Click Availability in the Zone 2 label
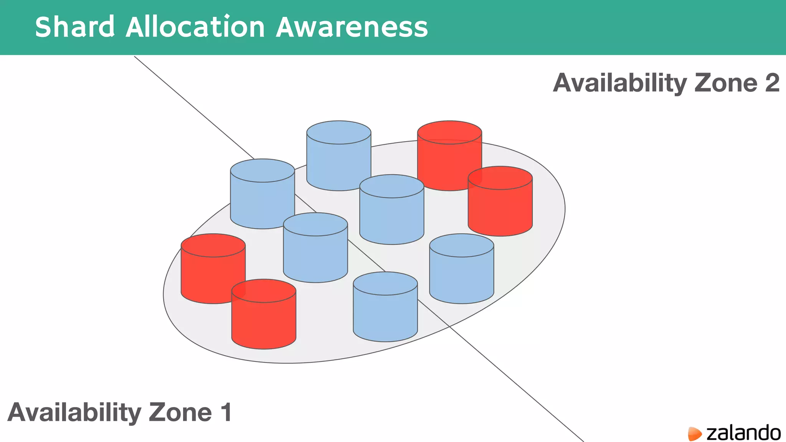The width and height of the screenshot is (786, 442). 619,83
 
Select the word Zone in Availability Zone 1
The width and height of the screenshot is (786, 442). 180,412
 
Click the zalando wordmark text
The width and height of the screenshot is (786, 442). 743,433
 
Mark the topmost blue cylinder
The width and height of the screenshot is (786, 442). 339,155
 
